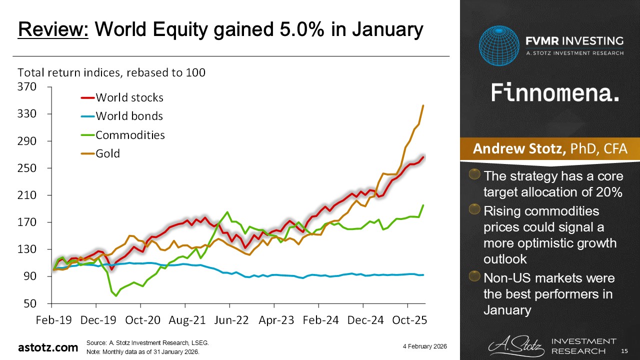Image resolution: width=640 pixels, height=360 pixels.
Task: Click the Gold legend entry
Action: click(x=107, y=153)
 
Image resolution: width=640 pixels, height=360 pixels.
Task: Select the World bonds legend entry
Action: click(x=129, y=116)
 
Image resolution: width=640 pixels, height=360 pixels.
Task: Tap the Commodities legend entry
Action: click(x=130, y=135)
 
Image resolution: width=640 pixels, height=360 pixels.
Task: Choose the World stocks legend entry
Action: click(x=129, y=97)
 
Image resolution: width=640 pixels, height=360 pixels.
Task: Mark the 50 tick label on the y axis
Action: click(x=30, y=303)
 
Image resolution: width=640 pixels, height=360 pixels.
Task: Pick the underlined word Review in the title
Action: click(x=53, y=30)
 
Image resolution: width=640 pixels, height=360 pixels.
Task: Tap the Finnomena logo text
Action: click(x=555, y=93)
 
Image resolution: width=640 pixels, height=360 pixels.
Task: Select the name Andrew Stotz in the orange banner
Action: click(x=520, y=149)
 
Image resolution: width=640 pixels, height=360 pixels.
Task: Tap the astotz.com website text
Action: click(x=48, y=347)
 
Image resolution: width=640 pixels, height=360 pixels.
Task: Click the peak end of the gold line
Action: click(x=423, y=105)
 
